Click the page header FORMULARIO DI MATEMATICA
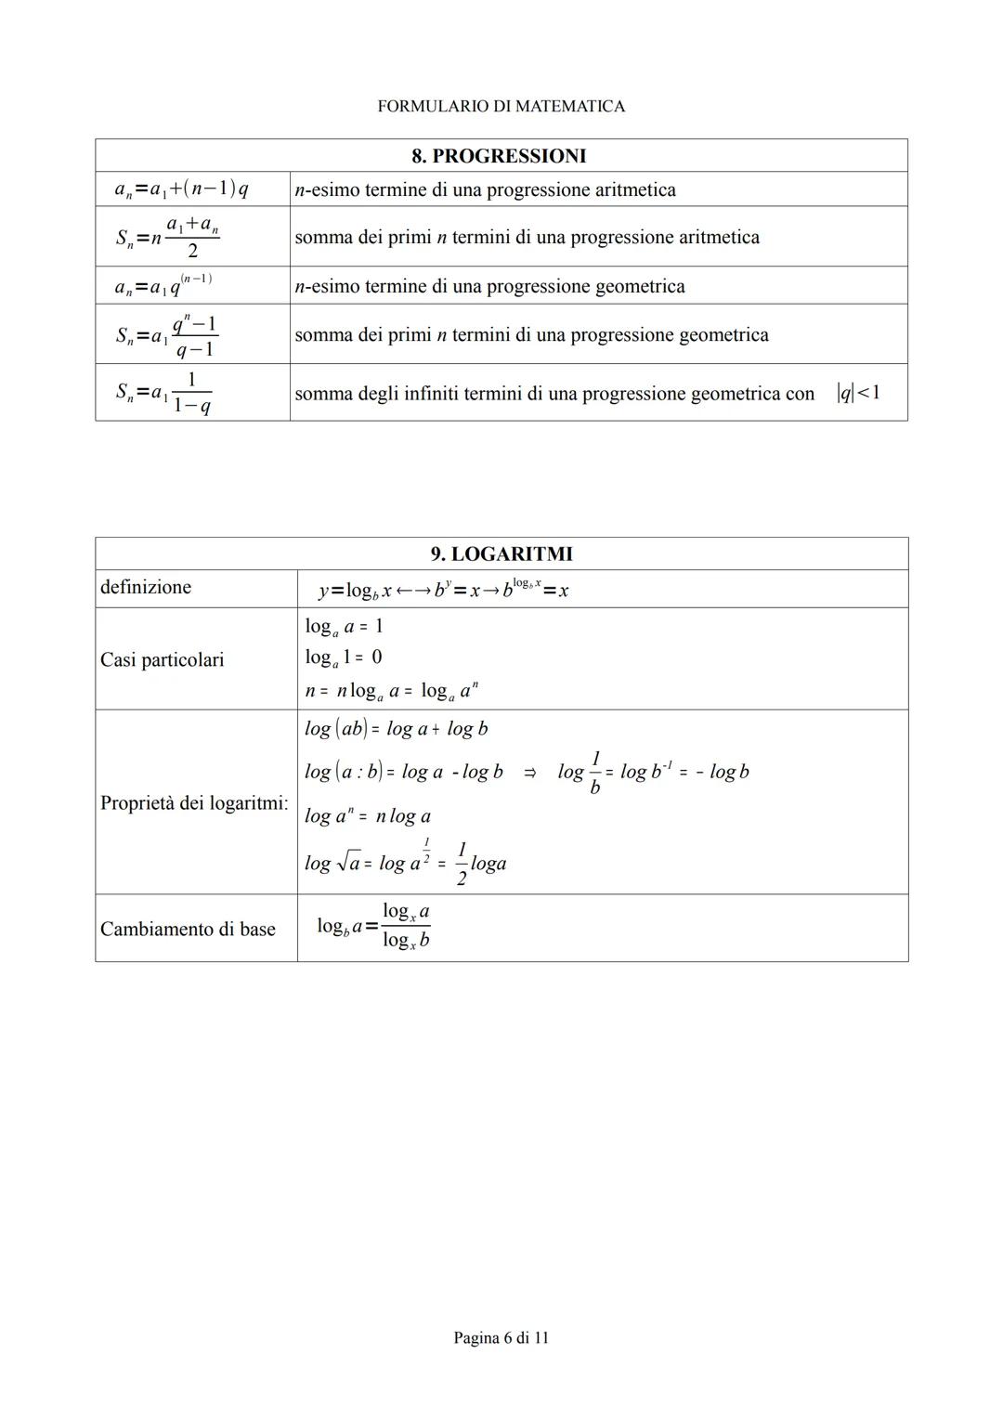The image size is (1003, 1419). pos(501,106)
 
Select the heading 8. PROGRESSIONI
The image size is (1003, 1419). pos(499,156)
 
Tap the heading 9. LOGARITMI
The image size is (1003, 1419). pos(501,554)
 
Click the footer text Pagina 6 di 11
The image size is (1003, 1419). pos(501,1337)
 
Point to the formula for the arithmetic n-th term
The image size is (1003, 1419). pos(181,189)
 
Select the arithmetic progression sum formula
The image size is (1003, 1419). pos(168,238)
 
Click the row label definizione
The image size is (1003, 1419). pos(146,587)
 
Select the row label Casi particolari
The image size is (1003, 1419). pos(162,659)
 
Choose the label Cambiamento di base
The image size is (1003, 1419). pos(188,929)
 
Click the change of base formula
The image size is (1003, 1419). pos(373,926)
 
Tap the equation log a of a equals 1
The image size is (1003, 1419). pos(344,627)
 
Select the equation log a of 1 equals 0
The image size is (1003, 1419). pos(343,657)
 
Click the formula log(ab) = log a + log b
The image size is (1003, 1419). pos(397,729)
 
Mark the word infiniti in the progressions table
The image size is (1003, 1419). pos(432,394)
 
